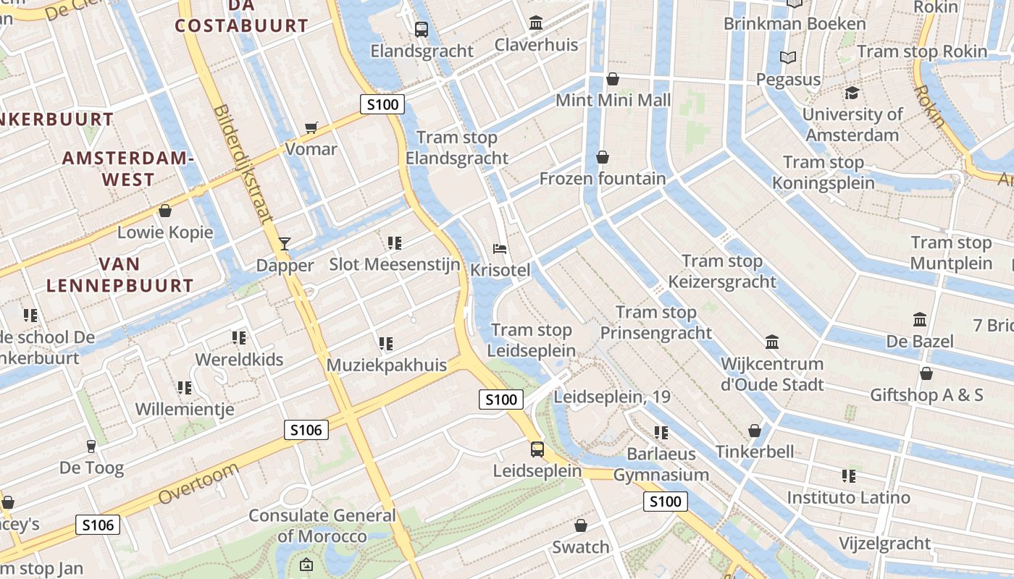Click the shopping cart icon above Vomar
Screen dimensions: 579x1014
point(311,128)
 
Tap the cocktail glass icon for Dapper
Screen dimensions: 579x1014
point(285,243)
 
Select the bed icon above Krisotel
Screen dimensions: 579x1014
point(500,249)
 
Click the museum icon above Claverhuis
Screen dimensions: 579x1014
point(536,23)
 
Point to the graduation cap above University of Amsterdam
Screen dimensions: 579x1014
point(852,93)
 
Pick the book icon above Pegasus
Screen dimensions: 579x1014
point(788,57)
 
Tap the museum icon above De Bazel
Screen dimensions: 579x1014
point(920,319)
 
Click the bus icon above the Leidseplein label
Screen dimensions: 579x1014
point(537,449)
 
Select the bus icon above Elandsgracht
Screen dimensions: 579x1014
point(421,29)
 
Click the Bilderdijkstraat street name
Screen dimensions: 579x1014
point(243,164)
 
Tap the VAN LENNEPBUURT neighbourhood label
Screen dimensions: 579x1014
point(120,274)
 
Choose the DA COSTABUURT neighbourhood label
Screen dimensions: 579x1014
point(242,16)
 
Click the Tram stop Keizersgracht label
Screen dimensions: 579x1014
point(722,271)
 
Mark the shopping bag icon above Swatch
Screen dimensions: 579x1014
point(580,525)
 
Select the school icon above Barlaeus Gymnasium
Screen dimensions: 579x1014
point(661,433)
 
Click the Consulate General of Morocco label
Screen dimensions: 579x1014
point(322,526)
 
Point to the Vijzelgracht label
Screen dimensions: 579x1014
point(884,543)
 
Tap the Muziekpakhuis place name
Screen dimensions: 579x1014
point(387,365)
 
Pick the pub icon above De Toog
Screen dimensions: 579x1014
point(91,446)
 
